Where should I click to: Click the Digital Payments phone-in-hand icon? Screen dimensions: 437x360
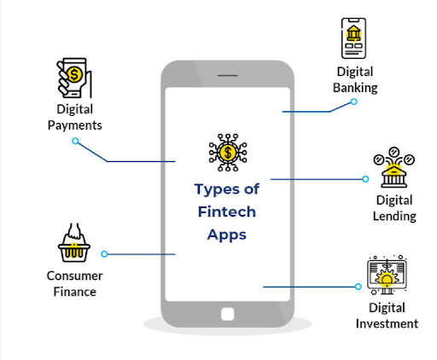coord(74,78)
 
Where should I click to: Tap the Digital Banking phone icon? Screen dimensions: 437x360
coord(353,38)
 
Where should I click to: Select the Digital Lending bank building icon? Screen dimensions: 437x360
coord(394,167)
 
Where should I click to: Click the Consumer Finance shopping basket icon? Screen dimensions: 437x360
coord(74,242)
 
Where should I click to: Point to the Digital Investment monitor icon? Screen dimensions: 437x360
coord(387,275)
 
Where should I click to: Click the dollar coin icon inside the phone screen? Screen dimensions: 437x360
coord(228,153)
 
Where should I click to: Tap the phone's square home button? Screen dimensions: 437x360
coord(228,314)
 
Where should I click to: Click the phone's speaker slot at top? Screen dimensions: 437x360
coord(228,76)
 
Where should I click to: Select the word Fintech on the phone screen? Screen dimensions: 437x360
coord(227,212)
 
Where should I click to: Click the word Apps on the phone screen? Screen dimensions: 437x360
coord(227,235)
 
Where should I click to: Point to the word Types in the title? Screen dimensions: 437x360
coord(217,190)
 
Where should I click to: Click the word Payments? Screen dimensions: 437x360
coord(75,125)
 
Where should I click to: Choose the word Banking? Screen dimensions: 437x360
coord(355,88)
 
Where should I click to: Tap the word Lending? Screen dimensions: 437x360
coord(394,217)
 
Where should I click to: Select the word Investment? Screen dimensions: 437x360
coord(387,324)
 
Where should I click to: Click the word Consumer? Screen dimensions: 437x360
coord(75,276)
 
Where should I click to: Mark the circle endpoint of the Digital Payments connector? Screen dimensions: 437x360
coord(75,141)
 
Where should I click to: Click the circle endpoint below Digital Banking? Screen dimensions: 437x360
coord(353,102)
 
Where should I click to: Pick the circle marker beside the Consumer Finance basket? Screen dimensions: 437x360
coord(104,254)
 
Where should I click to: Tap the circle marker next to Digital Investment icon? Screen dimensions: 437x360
coord(358,287)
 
